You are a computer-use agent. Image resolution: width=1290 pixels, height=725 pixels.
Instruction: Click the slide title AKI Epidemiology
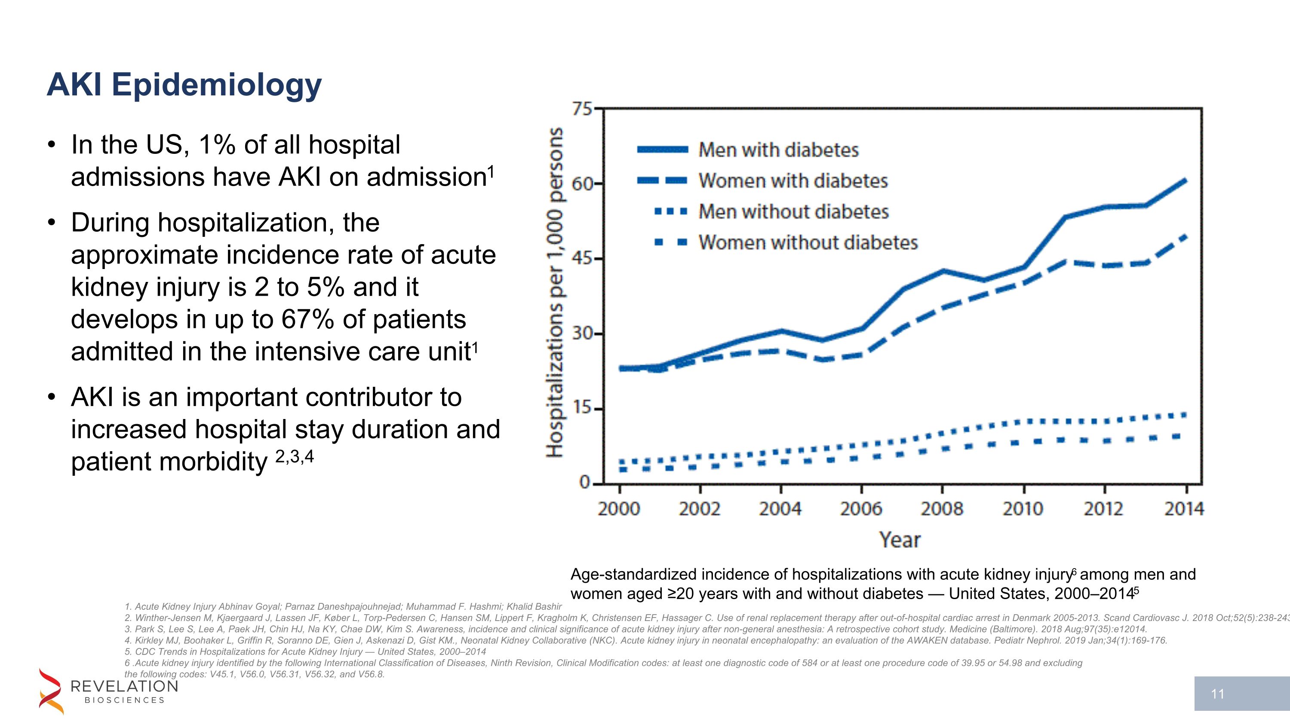[x=184, y=85]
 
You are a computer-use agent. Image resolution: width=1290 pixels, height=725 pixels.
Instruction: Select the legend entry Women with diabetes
[x=793, y=180]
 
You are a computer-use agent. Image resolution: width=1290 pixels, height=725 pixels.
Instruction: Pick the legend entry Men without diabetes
[x=793, y=211]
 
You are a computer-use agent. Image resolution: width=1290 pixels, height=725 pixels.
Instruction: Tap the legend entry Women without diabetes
[x=808, y=243]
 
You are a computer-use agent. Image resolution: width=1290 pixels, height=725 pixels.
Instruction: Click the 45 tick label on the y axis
[x=582, y=259]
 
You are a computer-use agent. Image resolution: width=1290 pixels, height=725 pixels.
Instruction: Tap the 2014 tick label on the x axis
[x=1184, y=509]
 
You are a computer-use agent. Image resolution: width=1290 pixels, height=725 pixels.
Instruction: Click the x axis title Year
[x=900, y=540]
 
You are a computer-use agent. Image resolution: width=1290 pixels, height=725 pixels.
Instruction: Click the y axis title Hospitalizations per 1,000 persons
[x=554, y=292]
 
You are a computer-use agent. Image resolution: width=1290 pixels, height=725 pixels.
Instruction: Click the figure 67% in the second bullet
[x=307, y=319]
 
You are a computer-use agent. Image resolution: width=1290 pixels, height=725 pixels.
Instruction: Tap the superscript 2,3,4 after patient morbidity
[x=295, y=456]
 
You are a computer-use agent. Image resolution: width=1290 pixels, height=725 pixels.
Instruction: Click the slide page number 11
[x=1217, y=694]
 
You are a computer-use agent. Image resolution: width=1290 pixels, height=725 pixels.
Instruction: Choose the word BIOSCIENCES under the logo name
[x=124, y=700]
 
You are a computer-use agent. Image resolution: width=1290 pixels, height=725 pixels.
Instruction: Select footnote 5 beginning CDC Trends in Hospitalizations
[x=305, y=652]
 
